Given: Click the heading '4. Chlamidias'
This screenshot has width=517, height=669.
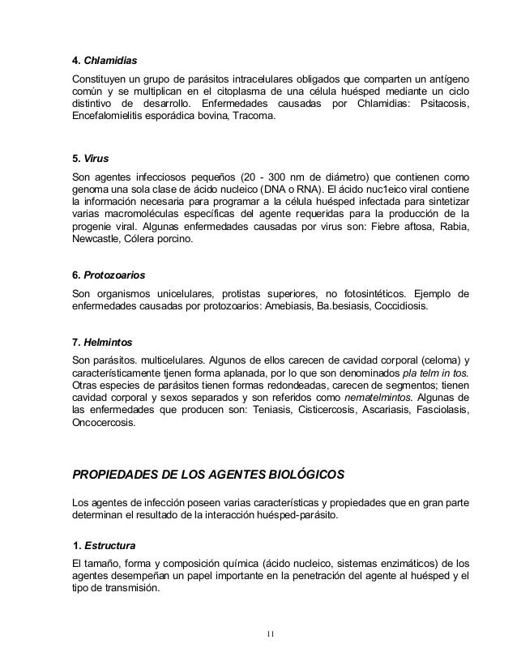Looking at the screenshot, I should (105, 61).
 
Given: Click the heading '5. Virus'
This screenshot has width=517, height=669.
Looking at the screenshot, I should (91, 160).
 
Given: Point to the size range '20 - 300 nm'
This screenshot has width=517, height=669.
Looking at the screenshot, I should (284, 177).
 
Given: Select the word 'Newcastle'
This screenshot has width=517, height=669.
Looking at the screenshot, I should (96, 242).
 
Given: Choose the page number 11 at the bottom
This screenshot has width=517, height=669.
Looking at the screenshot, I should (271, 633).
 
